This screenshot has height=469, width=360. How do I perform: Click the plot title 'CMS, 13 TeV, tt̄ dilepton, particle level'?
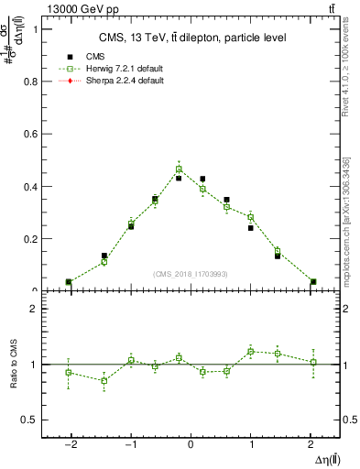pyautogui.click(x=192, y=38)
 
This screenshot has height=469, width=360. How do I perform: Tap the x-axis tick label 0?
pyautogui.click(x=191, y=443)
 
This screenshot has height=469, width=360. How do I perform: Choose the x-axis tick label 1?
pyautogui.click(x=251, y=443)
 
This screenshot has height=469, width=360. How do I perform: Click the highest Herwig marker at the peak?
pyautogui.click(x=180, y=169)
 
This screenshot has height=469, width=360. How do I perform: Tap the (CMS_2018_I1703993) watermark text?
pyautogui.click(x=191, y=274)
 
